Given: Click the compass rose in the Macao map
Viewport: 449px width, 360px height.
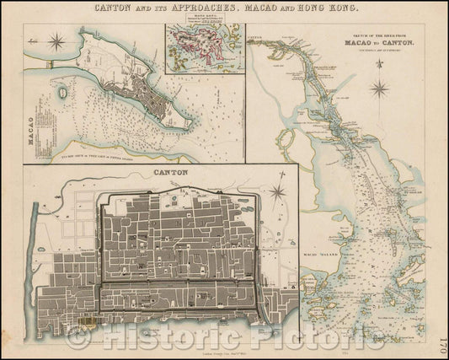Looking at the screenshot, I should [x=57, y=40].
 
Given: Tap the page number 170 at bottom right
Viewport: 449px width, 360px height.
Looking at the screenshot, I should [x=442, y=345].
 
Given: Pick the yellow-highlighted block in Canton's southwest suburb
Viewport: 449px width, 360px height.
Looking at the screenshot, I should [x=88, y=322].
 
